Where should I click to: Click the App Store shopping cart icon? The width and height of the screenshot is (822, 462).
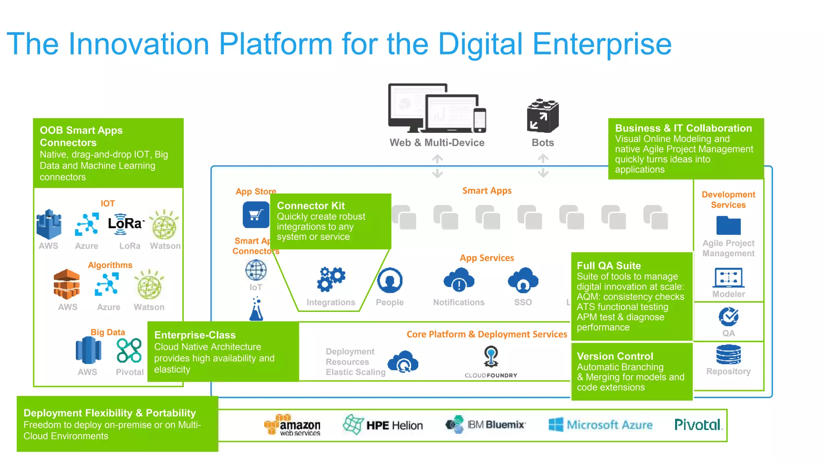coord(256,215)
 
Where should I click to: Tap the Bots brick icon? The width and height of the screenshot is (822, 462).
coord(543,116)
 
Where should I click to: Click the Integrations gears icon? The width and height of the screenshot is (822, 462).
coord(331,279)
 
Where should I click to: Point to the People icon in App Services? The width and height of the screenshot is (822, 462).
coord(390,280)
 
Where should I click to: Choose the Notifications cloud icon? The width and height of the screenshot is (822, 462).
coord(459,280)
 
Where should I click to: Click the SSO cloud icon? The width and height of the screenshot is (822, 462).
coord(523,280)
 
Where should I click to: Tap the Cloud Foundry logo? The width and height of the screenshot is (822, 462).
coord(491,362)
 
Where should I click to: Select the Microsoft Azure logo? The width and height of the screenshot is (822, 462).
coord(600,425)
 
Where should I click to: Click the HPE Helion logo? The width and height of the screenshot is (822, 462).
coord(383,425)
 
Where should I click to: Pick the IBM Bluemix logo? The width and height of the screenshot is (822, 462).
coord(485,424)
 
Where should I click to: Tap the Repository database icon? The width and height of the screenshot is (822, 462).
coord(728,354)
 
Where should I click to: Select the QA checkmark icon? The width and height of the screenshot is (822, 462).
coord(728,317)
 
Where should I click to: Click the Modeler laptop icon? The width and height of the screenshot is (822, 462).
coord(728,278)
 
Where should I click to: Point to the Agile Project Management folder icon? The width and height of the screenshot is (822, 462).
coord(728,225)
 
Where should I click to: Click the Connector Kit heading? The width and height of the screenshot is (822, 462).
coord(311,206)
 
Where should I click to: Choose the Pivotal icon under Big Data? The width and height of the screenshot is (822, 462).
coord(129,351)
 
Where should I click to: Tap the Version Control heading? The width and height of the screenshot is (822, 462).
coord(615,356)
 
